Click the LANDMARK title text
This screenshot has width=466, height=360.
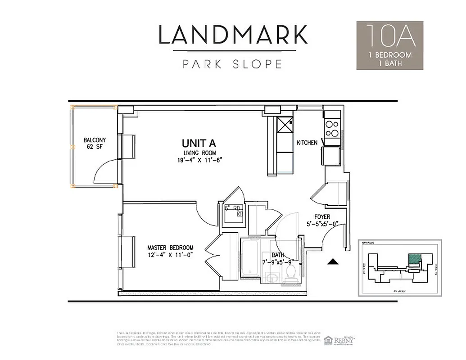[x=233, y=35]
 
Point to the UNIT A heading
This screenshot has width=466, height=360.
[x=199, y=144]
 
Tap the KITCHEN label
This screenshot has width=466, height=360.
[x=307, y=143]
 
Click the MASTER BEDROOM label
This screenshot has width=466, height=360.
[x=171, y=248]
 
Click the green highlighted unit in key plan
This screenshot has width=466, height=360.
[x=414, y=259]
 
